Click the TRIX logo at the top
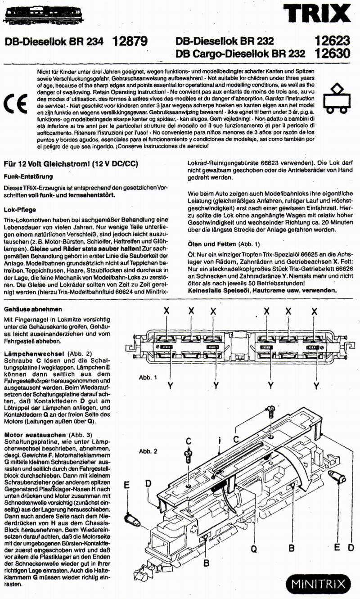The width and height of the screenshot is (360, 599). click(316, 14)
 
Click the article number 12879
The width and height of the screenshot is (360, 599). click(130, 42)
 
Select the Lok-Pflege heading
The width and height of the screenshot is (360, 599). click(20, 209)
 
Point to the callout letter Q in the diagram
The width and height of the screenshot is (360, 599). click(253, 549)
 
